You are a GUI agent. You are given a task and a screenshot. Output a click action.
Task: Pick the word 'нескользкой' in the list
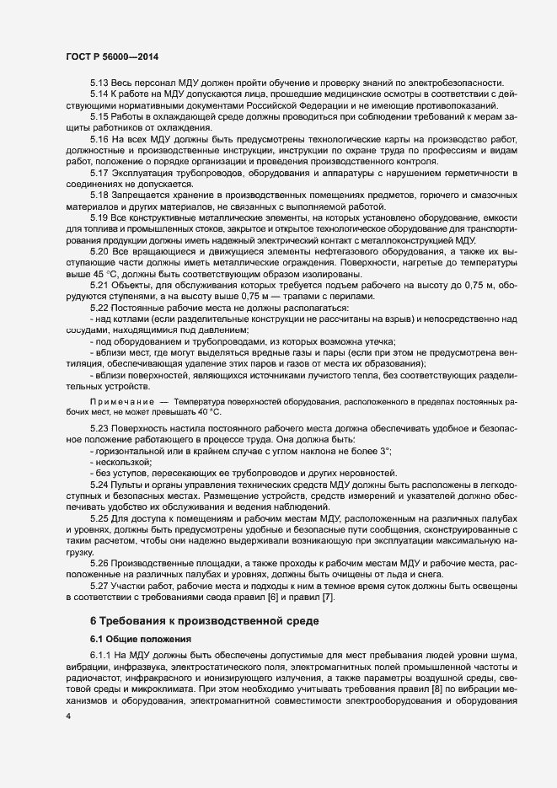(126, 463)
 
